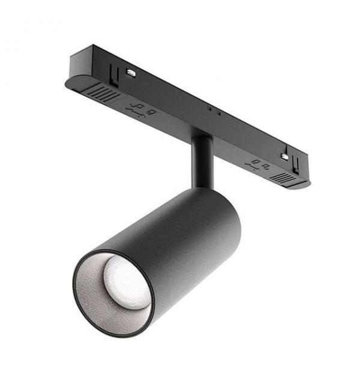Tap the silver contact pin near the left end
pos(130,73)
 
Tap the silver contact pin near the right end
pos(283,157)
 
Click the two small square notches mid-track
pos(213,111)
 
